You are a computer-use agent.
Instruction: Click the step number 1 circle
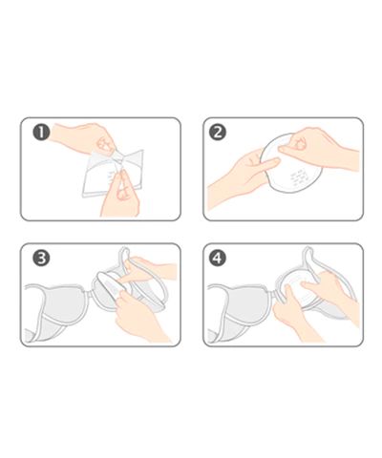point(41,133)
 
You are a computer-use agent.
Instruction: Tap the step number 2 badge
point(218,133)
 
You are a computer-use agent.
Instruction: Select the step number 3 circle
point(41,258)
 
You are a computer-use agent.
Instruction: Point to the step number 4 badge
point(218,258)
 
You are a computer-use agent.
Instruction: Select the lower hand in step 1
point(120,196)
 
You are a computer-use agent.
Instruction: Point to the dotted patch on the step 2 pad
point(299,177)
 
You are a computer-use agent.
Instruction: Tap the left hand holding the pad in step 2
point(242,178)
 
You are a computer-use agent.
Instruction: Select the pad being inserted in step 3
point(112,284)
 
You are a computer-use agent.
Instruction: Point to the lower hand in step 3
point(140,315)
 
